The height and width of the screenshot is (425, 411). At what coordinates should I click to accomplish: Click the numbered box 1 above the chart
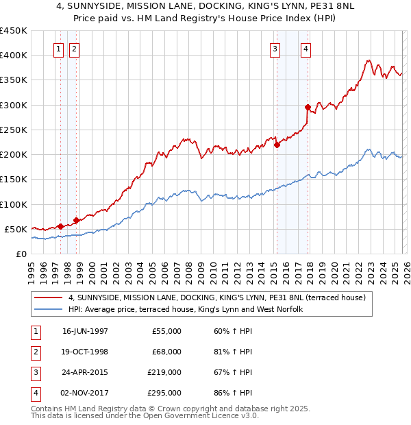click(58, 49)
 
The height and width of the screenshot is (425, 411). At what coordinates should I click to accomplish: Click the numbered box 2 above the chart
click(73, 49)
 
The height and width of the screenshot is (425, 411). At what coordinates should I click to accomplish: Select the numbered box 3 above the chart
click(275, 49)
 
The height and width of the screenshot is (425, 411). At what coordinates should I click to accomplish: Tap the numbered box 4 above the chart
click(306, 49)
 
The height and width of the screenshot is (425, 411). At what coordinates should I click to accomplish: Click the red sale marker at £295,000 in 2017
click(308, 107)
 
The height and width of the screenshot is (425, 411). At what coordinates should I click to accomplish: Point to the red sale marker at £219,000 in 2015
click(277, 145)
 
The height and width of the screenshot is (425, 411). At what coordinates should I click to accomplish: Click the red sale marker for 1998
click(76, 220)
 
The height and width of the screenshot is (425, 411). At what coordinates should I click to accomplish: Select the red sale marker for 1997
click(60, 226)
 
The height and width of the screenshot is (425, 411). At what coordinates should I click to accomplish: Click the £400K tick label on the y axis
click(14, 56)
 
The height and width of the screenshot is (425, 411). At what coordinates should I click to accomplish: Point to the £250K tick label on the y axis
click(14, 130)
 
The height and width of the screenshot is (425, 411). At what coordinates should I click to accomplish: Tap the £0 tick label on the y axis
click(21, 254)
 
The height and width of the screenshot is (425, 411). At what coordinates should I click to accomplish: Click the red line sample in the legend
click(49, 297)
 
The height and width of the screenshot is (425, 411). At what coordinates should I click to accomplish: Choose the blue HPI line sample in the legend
click(49, 309)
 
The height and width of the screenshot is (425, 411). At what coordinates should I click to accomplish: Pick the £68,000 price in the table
click(166, 352)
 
